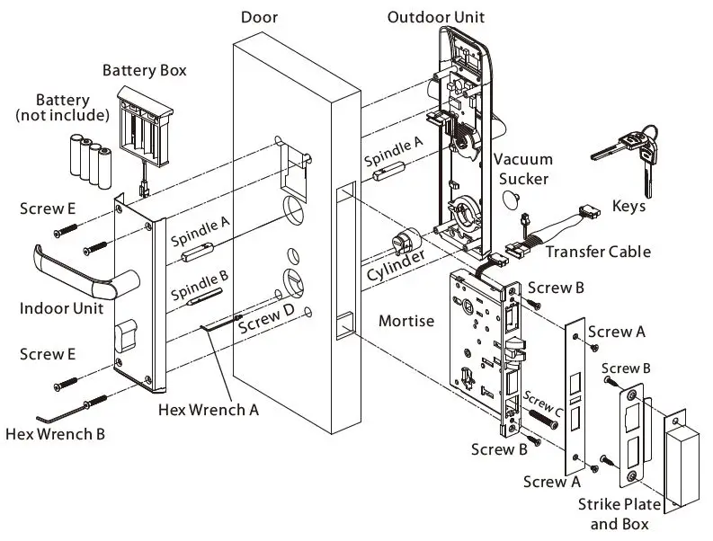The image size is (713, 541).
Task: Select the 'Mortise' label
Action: (x=406, y=320)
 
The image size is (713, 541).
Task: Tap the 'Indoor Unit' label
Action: (x=61, y=308)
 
